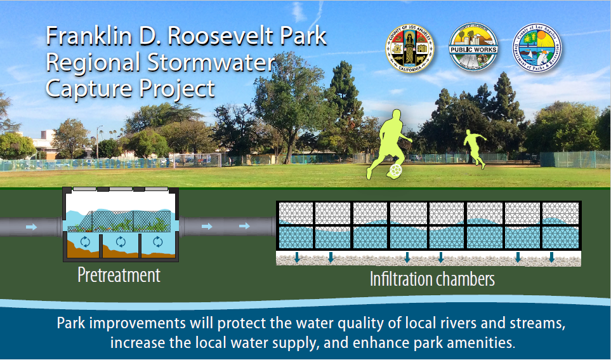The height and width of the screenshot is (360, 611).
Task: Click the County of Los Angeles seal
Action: coord(409,48)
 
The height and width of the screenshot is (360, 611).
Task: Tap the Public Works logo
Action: coord(473,48)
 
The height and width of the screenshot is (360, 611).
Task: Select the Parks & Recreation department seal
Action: coord(537,48)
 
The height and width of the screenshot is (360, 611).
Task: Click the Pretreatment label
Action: coord(119,276)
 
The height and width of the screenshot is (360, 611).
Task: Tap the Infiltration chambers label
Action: coord(432,279)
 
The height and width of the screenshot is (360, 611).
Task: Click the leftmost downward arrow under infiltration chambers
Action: coord(296,257)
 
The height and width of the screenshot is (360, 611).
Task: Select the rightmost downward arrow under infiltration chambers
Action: coord(552,257)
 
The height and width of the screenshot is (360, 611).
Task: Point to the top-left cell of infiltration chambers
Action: coord(295,213)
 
